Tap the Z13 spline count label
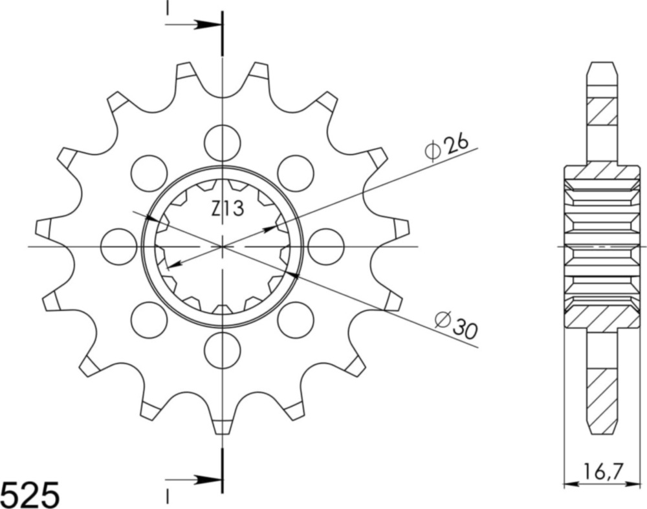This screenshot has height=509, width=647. pyautogui.click(x=227, y=209)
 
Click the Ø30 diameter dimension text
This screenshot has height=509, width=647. pyautogui.click(x=455, y=325)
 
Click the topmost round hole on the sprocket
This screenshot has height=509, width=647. pyautogui.click(x=222, y=142)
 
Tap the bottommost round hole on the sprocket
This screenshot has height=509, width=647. pyautogui.click(x=222, y=351)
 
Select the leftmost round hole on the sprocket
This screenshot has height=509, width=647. pyautogui.click(x=119, y=246)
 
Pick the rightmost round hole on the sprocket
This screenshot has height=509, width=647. pyautogui.click(x=325, y=246)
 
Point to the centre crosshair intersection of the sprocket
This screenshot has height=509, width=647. pyautogui.click(x=222, y=246)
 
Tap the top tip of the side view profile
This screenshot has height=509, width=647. pyautogui.click(x=603, y=63)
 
